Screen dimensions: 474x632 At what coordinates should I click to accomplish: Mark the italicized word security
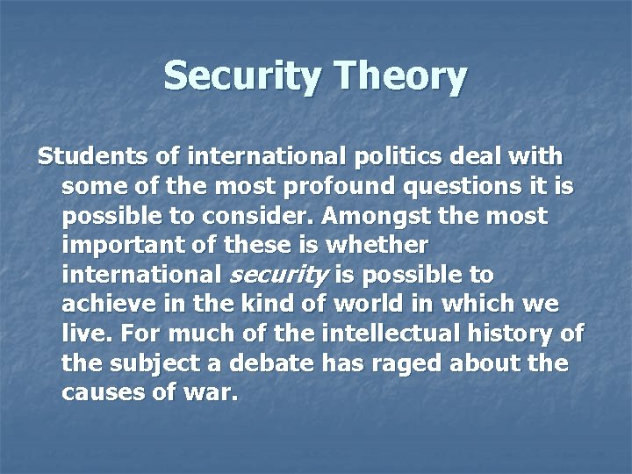[278, 275]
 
